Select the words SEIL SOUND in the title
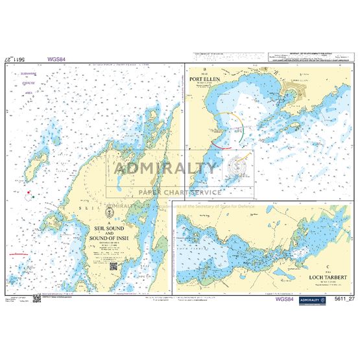pos(108,229)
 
